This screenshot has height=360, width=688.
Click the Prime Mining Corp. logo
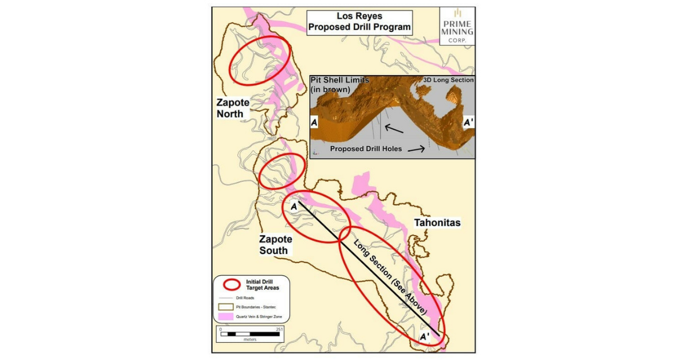point(456,25)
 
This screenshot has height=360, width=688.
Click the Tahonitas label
point(437,222)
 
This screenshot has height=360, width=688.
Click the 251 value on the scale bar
point(279,329)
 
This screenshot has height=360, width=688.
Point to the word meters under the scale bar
point(250,339)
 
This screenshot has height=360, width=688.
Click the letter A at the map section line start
point(294,205)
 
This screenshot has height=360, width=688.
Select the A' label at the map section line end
point(425,337)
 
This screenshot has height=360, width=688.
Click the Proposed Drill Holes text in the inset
point(366,149)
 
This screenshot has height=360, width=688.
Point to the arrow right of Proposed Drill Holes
point(417,149)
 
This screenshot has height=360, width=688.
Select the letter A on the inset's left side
point(315,123)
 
